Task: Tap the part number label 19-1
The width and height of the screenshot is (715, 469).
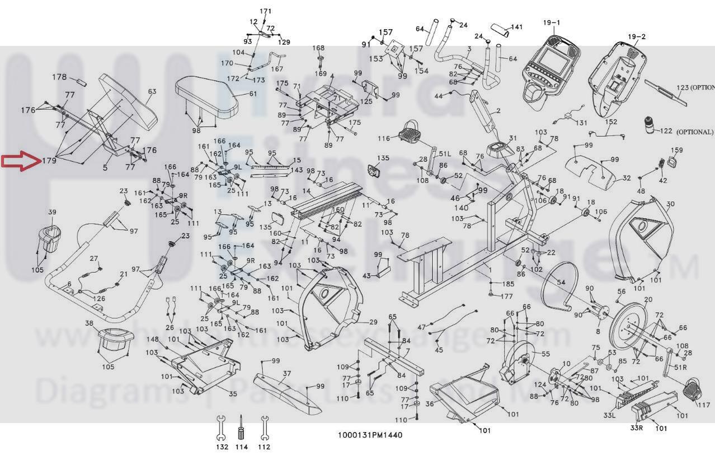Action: [551, 23]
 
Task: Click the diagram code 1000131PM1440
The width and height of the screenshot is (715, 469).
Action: [369, 435]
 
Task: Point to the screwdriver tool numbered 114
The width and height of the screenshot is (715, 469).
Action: [242, 429]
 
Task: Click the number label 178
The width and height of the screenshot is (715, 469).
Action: [59, 77]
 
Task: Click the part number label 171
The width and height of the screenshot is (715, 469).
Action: [266, 11]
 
